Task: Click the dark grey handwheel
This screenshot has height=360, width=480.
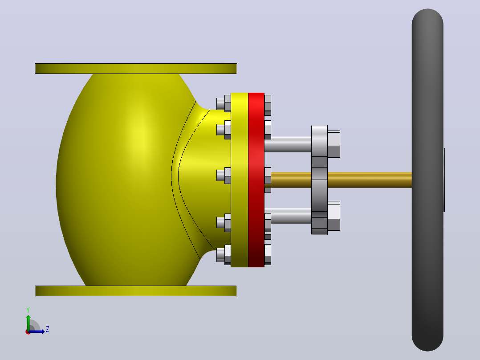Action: tap(427, 180)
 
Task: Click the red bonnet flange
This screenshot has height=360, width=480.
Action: tap(256, 180)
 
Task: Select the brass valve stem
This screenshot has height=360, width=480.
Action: tap(340, 180)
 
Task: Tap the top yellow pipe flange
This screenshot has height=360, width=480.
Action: tap(136, 69)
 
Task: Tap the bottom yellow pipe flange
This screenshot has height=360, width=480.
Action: tap(136, 291)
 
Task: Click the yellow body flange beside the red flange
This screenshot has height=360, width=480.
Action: tap(240, 180)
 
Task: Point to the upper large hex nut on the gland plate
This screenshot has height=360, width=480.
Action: tap(334, 144)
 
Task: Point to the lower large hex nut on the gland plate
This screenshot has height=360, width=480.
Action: tap(334, 216)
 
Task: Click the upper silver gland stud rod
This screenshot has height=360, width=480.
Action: tap(288, 144)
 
